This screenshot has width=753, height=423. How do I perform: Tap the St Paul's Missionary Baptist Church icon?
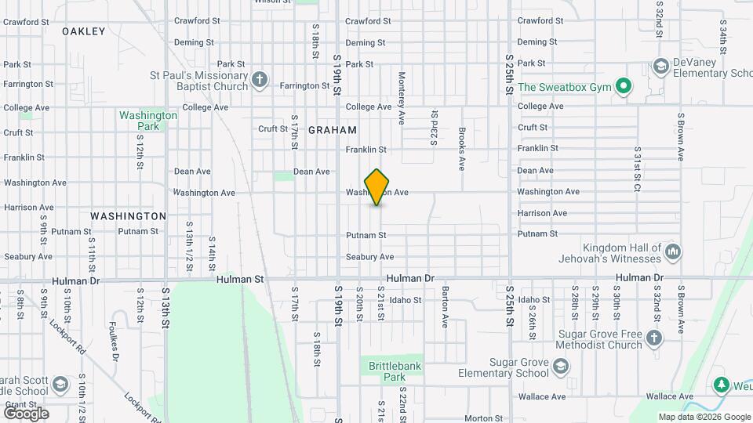point(260,79)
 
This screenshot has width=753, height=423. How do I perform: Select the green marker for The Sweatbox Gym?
point(624,86)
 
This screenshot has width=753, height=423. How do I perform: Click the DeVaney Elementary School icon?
point(660,67)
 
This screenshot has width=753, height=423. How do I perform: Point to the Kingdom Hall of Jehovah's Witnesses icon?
point(672,251)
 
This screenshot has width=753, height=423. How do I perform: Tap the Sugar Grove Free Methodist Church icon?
point(654,338)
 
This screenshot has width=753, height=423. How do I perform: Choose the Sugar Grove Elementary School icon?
point(560,366)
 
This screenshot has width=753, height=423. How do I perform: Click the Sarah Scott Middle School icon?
point(60,385)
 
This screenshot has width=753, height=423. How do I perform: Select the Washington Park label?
point(148,120)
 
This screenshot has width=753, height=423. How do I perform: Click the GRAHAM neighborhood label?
point(333,130)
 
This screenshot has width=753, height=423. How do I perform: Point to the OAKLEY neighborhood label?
point(83,31)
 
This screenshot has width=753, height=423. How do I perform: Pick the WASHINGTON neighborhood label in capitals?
point(128,215)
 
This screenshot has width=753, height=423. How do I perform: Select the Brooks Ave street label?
point(462,149)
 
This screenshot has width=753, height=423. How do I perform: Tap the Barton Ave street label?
point(445,306)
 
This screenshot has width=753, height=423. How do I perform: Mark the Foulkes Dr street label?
point(115,343)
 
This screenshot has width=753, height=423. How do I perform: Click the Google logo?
point(26,413)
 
